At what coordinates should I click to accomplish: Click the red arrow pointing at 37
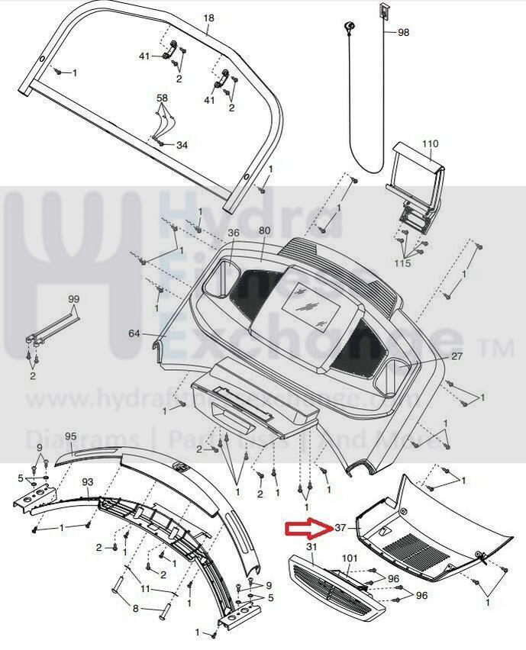[x=305, y=529]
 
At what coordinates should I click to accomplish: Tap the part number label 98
[x=403, y=32]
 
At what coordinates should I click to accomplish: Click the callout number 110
[x=431, y=143]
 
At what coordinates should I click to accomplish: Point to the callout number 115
[x=402, y=263]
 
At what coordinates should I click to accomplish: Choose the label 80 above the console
[x=264, y=231]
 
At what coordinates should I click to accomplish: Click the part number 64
[x=134, y=333]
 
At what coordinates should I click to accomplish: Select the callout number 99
[x=73, y=298]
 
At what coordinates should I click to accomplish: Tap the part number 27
[x=457, y=356]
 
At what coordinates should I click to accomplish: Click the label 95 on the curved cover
[x=71, y=436]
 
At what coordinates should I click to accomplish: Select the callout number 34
[x=182, y=145]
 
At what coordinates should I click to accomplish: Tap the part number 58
[x=162, y=98]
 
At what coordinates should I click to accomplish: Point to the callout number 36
[x=234, y=233]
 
